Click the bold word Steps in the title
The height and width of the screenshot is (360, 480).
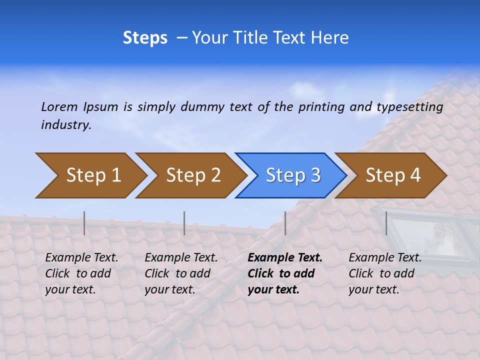pos(145,38)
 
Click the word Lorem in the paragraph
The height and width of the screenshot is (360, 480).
pos(59,107)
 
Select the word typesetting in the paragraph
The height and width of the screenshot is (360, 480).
pos(409,107)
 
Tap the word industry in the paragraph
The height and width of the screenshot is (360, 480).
pos(65,125)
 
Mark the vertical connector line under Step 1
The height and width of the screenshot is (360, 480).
pos(84,223)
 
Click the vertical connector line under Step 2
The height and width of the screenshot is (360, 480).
pos(184,223)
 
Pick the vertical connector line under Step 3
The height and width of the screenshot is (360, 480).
pos(285,223)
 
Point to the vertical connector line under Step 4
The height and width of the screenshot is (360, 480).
pos(386,223)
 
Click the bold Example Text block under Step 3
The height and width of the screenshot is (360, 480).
pos(284,273)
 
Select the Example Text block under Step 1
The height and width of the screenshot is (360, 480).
pos(81,273)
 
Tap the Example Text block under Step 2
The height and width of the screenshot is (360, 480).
pos(180,273)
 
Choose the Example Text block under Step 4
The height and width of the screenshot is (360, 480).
pos(384,273)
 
